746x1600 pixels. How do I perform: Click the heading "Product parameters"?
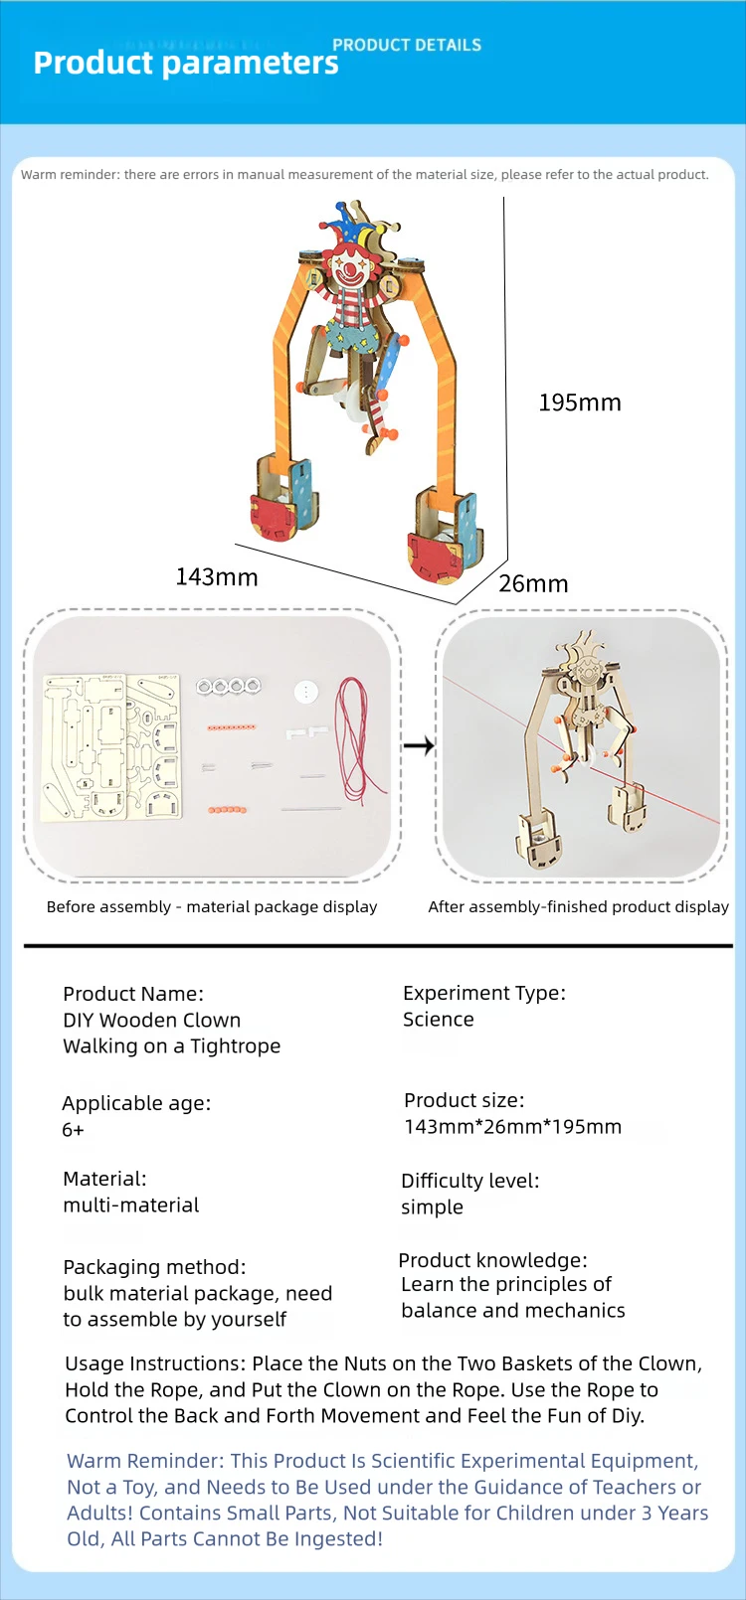click(x=186, y=63)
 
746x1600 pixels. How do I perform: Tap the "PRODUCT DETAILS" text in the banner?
click(x=407, y=45)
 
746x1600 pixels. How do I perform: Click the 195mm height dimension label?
click(x=579, y=402)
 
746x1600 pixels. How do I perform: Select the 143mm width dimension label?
click(x=217, y=577)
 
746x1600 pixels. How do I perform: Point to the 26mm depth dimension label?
click(x=533, y=583)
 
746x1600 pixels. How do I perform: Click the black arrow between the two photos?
click(x=419, y=744)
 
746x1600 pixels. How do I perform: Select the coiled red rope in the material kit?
click(x=356, y=735)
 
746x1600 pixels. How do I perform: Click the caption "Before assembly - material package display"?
click(x=212, y=906)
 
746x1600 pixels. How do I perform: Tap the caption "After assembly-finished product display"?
click(x=578, y=906)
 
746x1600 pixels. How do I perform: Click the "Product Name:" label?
click(x=133, y=994)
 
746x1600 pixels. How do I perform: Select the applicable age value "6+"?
click(x=74, y=1130)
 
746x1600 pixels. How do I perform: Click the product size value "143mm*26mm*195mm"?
click(x=512, y=1127)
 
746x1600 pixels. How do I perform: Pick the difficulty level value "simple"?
click(x=432, y=1207)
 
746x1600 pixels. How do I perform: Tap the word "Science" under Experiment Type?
click(x=439, y=1020)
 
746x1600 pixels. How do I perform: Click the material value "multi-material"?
click(x=131, y=1205)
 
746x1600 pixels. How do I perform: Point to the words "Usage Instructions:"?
click(x=155, y=1363)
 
